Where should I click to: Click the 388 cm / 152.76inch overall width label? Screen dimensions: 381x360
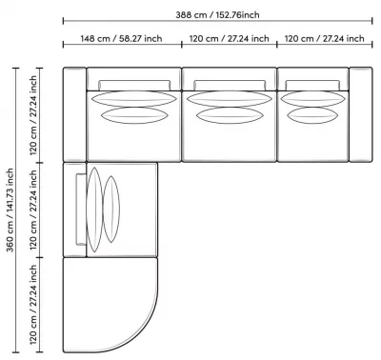(x=217, y=15)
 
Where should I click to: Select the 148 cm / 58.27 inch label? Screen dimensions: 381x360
(x=121, y=39)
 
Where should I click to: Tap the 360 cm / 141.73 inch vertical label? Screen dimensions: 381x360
(x=10, y=210)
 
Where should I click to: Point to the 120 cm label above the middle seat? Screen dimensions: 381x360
(x=230, y=39)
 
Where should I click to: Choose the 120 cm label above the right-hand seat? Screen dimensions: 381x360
(x=324, y=39)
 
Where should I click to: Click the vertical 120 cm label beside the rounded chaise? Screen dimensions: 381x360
(x=33, y=305)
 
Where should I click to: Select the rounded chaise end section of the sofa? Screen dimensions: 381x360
(x=110, y=305)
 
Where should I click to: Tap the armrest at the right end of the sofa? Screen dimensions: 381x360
(x=361, y=114)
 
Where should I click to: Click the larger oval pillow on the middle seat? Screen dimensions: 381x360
(x=230, y=99)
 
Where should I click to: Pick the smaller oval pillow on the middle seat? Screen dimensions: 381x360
(x=230, y=115)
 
